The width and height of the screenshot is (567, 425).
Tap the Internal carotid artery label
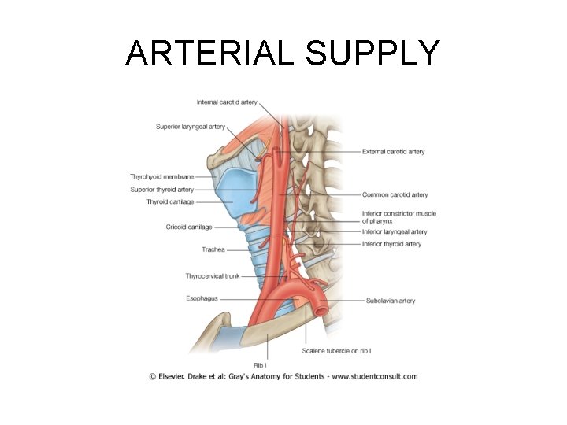227,102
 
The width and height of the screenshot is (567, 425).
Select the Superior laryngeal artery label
191,127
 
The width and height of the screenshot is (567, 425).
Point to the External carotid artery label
393,152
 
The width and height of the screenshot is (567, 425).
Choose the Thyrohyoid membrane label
161,176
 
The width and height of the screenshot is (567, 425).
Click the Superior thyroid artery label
161,190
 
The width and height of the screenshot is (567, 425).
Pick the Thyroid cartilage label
169,202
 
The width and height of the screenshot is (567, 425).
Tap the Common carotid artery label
395,194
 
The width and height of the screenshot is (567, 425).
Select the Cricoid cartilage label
189,227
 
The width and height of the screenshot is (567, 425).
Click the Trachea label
213,249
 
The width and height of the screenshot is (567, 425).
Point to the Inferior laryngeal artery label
395,232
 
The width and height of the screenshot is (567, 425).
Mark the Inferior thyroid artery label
391,244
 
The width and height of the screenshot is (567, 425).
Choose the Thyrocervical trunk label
212,276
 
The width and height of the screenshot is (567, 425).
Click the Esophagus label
202,298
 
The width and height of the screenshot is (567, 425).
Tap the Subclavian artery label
391,301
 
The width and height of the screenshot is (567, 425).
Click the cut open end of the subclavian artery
321,310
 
